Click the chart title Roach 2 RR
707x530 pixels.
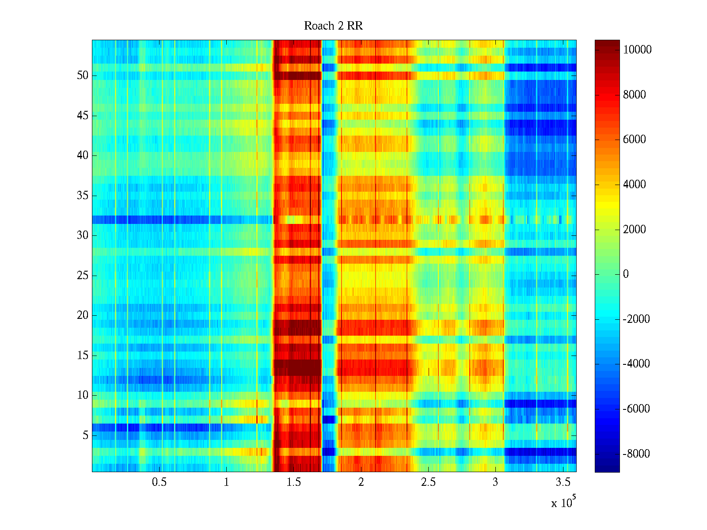(333, 26)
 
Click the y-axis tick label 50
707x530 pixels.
(83, 76)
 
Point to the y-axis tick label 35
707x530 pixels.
(83, 196)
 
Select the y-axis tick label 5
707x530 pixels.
(85, 435)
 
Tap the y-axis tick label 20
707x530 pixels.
(83, 315)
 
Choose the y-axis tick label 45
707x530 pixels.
(83, 116)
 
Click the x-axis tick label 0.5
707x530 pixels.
(159, 482)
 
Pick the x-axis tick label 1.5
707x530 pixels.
(294, 482)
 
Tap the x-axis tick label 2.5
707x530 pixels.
(428, 482)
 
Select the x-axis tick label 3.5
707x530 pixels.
(563, 482)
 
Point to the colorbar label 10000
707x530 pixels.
(637, 50)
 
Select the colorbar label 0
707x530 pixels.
(626, 274)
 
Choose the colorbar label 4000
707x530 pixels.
(635, 185)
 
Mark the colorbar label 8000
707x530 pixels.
(635, 95)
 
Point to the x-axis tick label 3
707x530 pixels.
(495, 482)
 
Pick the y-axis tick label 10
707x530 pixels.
(83, 395)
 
